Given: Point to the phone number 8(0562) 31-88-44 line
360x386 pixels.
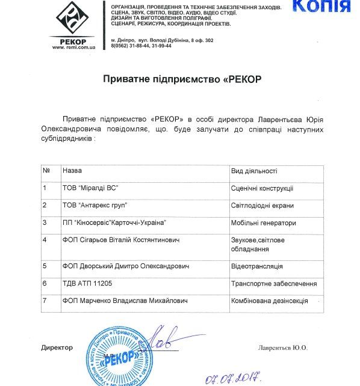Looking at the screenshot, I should coord(141,46).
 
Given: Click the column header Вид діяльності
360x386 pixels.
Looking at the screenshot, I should coord(254,171).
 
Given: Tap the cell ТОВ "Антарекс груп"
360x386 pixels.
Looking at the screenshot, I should coord(95,205).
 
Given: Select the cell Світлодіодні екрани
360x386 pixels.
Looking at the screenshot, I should coord(262,205).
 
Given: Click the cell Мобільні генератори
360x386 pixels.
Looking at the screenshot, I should coord(264,222).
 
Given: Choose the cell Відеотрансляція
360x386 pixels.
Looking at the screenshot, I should coord(257,266).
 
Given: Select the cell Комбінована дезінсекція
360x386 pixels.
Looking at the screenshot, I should coord(270,300).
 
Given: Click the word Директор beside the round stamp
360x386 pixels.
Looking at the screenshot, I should coord(57,348).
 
